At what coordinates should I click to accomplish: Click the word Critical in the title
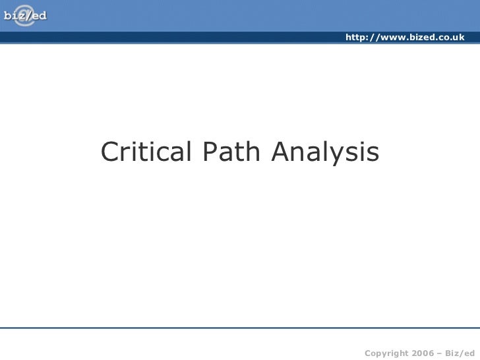(144, 152)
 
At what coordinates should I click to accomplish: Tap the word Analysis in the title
(326, 154)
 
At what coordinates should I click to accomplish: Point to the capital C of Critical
(110, 152)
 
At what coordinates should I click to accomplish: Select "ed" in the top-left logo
(39, 15)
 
